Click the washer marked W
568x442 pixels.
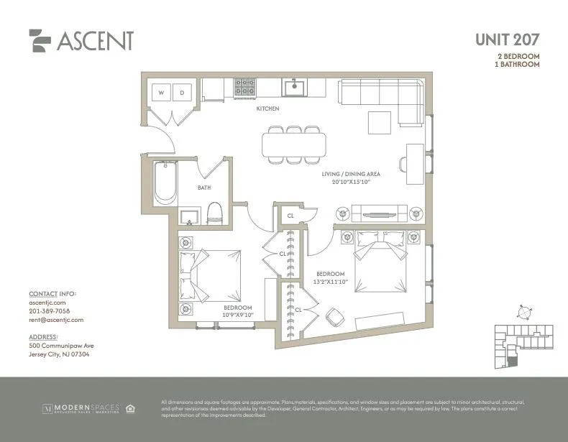161,93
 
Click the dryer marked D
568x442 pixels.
182,93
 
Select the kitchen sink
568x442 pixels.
294,88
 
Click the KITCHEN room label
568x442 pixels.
267,109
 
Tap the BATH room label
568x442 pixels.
204,188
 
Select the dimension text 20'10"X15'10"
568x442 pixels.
350,182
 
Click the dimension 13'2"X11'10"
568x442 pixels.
331,282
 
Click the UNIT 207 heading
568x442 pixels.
507,40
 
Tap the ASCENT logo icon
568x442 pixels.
40,40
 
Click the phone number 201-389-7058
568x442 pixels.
50,311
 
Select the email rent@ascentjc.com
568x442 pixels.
56,320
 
